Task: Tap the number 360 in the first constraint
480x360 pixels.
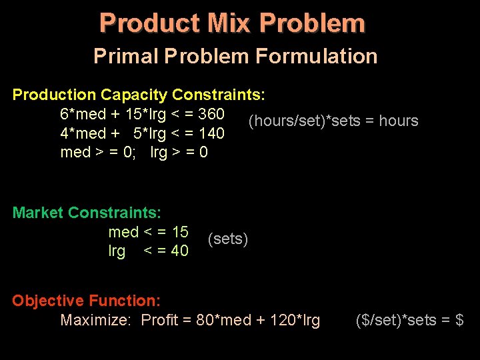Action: click(211, 113)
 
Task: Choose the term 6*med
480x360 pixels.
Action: click(83, 113)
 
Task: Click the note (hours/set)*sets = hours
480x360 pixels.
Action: click(333, 121)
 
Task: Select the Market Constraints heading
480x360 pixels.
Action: click(87, 213)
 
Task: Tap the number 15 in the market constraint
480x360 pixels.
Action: click(180, 232)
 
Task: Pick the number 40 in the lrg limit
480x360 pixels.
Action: click(180, 251)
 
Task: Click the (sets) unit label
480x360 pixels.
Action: click(228, 239)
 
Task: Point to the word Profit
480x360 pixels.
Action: click(161, 321)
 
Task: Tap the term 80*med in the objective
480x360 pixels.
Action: click(224, 321)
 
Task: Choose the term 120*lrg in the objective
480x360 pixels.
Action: click(295, 321)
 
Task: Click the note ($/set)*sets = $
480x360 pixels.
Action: click(410, 321)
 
